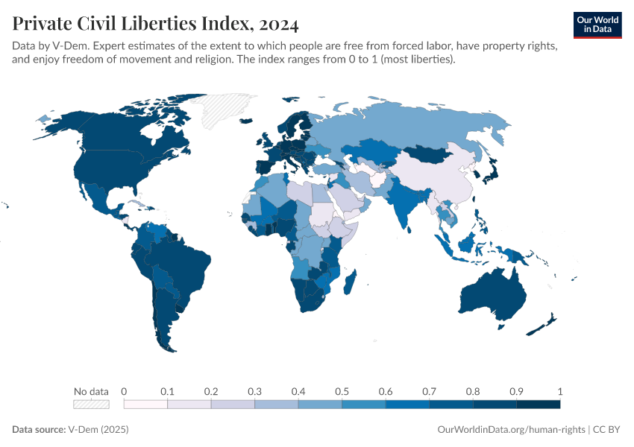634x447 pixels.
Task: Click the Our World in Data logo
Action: click(597, 25)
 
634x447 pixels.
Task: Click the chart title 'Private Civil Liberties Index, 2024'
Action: click(155, 24)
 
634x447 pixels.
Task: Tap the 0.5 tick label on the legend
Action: click(342, 391)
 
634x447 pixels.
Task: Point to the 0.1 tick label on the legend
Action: click(167, 391)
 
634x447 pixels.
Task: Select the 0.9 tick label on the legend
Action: click(516, 391)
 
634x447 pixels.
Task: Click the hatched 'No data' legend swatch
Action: click(91, 405)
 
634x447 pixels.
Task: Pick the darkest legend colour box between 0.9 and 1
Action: click(538, 405)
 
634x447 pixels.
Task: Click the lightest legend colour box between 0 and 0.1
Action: click(145, 405)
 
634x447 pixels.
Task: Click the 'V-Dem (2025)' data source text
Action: click(98, 430)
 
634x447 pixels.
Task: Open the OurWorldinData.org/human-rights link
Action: click(510, 430)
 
